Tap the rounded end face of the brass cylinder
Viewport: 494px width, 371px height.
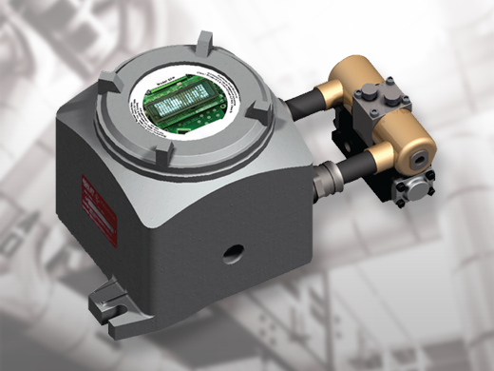point(423,143)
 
